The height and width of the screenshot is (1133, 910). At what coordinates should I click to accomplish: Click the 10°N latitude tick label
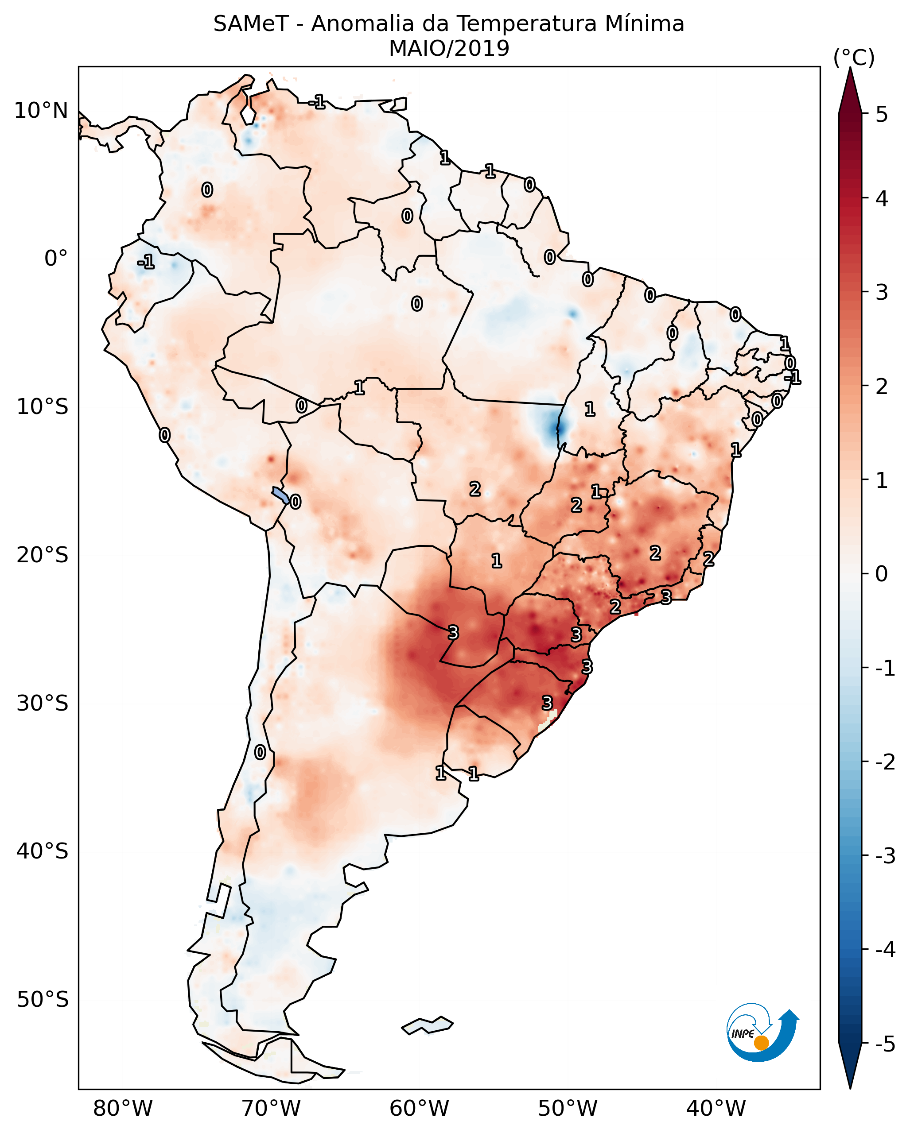(41, 111)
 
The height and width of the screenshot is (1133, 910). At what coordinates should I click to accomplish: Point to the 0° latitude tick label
(56, 259)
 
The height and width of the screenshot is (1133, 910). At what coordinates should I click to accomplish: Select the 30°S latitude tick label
(42, 703)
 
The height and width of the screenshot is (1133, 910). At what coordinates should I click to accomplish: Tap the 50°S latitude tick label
(42, 1000)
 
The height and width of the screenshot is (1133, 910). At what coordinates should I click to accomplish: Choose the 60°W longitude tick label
(419, 1108)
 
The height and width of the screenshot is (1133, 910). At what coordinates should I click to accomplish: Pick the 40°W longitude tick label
(716, 1108)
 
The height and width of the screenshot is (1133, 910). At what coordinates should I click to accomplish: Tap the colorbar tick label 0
(882, 573)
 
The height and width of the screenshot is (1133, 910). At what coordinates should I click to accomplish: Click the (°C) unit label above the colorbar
(854, 58)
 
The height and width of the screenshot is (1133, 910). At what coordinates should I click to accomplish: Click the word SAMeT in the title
(250, 24)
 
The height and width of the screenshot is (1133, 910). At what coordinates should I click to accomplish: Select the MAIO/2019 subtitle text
(449, 48)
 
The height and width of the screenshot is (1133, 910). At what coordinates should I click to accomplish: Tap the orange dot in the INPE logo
(761, 1043)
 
